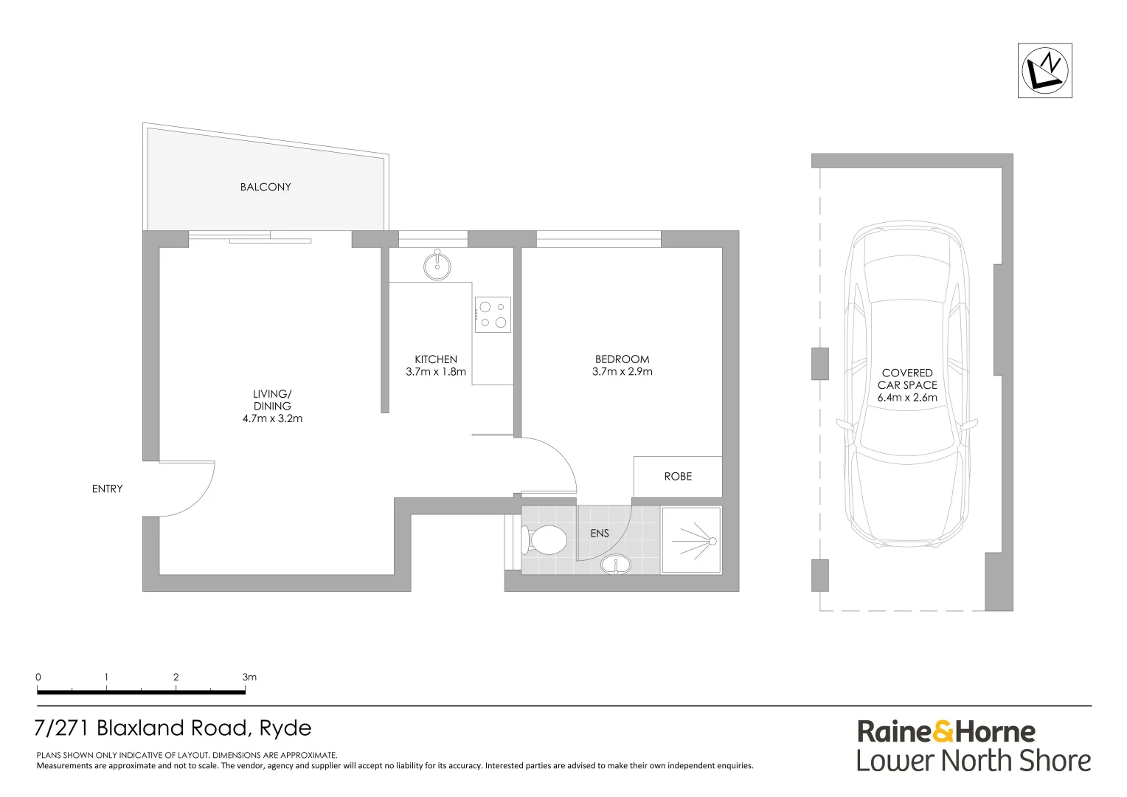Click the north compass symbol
point(1044,71)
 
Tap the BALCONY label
point(266,187)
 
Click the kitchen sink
point(437,265)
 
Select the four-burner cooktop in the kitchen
point(493,314)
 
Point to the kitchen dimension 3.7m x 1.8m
point(436,372)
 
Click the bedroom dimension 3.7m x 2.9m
point(622,372)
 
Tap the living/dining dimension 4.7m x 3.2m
point(272,418)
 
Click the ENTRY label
point(108,489)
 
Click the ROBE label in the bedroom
point(678,477)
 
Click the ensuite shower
point(691,540)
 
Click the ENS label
point(600,533)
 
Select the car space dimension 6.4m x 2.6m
point(907,398)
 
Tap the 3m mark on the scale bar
point(248,677)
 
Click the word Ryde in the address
point(285,728)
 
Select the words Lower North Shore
point(973,761)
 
